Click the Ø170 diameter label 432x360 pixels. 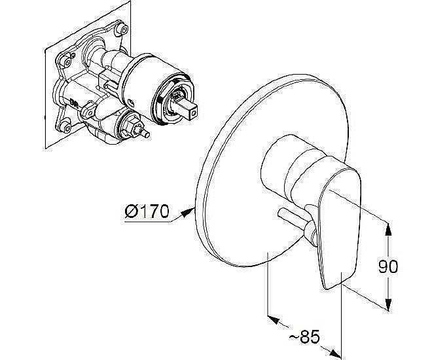coord(147,211)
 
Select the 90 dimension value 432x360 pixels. coord(388,266)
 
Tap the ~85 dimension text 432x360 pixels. coord(304,336)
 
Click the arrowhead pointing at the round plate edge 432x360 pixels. coord(188,213)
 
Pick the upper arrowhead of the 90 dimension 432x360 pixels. coord(388,229)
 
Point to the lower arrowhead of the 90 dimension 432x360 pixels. coord(388,304)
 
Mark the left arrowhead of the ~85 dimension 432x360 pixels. coord(274,319)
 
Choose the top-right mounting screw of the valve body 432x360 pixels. coord(122,29)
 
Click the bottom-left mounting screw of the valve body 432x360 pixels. coord(66,127)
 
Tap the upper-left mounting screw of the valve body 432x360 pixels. coord(66,62)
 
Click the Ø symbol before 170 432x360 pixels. coord(131,211)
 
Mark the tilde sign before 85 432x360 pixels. coord(294,336)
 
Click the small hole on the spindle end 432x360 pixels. coord(194,113)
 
